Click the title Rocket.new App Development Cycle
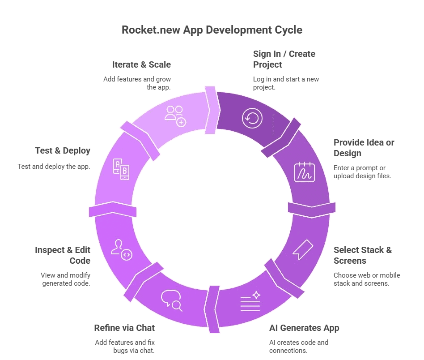pyautogui.click(x=212, y=30)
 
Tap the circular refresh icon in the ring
pyautogui.click(x=253, y=118)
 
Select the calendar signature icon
pyautogui.click(x=304, y=172)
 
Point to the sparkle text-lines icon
pyautogui.click(x=250, y=301)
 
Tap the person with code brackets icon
pyautogui.click(x=121, y=250)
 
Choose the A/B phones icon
pyautogui.click(x=121, y=169)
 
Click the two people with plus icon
pyautogui.click(x=174, y=116)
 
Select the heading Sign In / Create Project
pyautogui.click(x=284, y=59)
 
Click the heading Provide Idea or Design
pyautogui.click(x=364, y=148)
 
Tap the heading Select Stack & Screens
pyautogui.click(x=363, y=255)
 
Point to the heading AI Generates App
pyautogui.click(x=304, y=328)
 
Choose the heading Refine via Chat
pyautogui.click(x=124, y=328)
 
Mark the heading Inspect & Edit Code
pyautogui.click(x=63, y=255)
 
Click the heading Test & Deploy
pyautogui.click(x=63, y=151)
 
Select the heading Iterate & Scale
pyautogui.click(x=141, y=64)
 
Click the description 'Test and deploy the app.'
pyautogui.click(x=54, y=167)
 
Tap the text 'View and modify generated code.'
pyautogui.click(x=65, y=279)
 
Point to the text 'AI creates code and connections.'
pyautogui.click(x=299, y=346)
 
